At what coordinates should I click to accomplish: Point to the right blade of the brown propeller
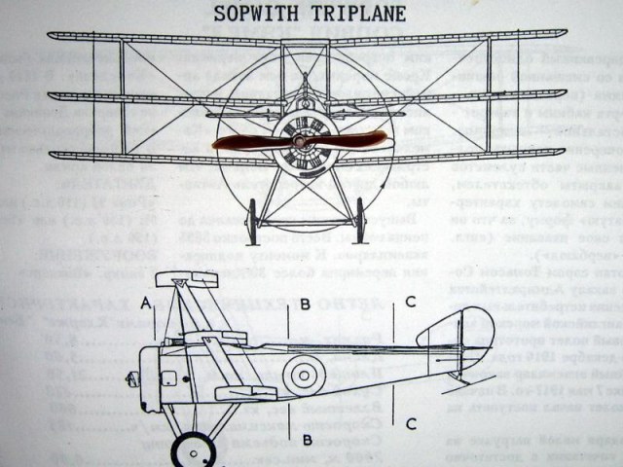[355, 142]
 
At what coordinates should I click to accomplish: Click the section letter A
[145, 302]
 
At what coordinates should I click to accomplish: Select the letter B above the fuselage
[304, 305]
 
